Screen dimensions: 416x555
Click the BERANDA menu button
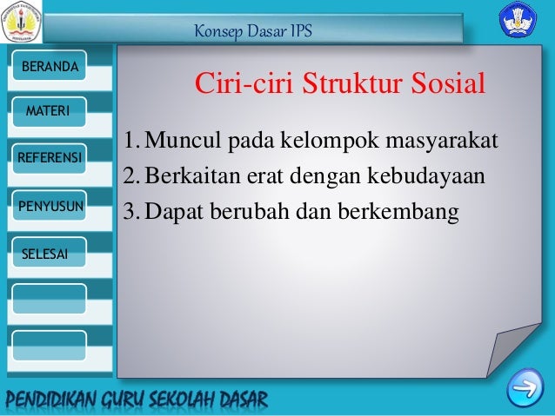[49, 67]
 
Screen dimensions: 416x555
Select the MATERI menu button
[49, 112]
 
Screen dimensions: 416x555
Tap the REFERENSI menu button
[49, 159]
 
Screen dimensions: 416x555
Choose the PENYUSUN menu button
[49, 206]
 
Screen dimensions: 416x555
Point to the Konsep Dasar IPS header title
[253, 32]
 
